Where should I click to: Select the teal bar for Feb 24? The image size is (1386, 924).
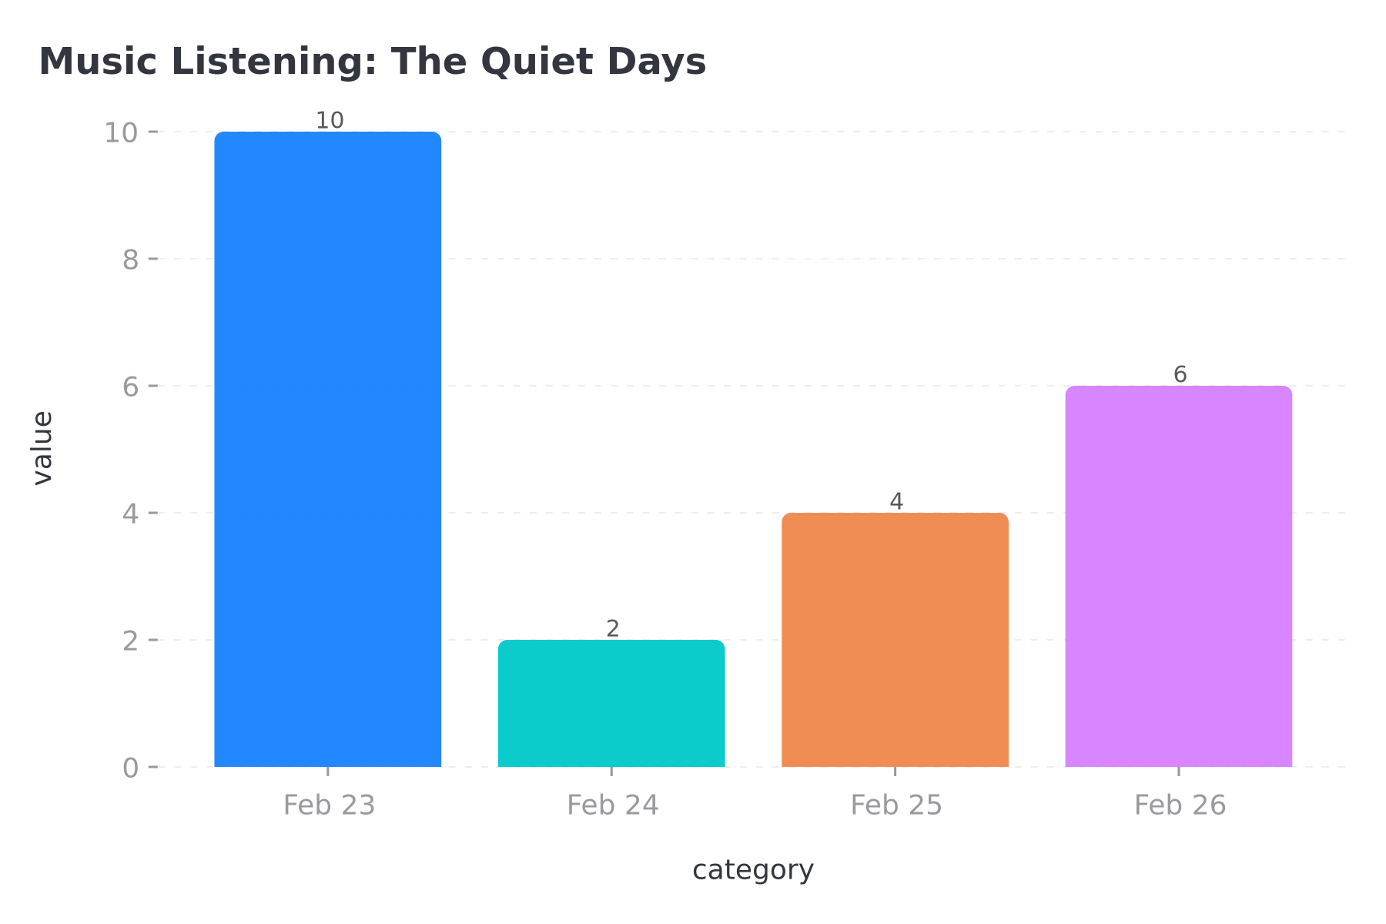pos(611,703)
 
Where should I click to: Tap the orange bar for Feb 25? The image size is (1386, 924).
pos(895,639)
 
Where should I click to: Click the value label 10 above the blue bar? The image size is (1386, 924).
pos(330,121)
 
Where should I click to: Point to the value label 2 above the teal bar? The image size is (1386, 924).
pos(613,629)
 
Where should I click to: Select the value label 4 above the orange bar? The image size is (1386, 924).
pos(896,502)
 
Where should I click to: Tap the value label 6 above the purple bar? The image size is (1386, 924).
pos(1180,375)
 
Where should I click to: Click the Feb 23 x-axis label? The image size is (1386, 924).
pos(329,805)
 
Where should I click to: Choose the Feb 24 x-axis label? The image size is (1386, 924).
pos(613,805)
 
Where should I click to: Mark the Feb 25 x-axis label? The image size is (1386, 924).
pos(896,805)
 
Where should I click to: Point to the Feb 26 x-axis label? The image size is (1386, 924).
pos(1180,805)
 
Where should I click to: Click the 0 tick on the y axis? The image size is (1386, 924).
pos(130,768)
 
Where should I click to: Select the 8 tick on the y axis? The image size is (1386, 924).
pos(130,259)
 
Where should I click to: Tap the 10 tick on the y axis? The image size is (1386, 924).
pos(121,132)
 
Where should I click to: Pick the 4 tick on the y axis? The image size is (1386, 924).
pos(130,514)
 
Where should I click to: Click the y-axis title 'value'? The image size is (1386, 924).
pos(42,448)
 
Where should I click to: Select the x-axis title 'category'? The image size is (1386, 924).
pos(753,870)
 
